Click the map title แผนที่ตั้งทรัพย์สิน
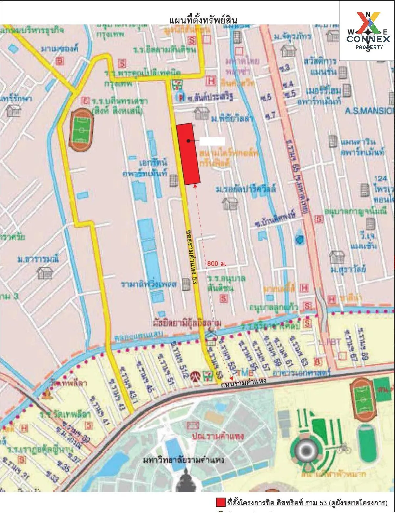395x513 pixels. tap(203, 20)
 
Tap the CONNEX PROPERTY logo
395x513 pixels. tap(368, 31)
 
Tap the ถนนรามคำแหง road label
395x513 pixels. tap(243, 381)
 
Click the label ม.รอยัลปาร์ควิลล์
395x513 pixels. tap(246, 190)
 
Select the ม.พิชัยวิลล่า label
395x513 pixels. tap(231, 119)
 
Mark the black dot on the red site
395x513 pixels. tap(188, 141)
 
